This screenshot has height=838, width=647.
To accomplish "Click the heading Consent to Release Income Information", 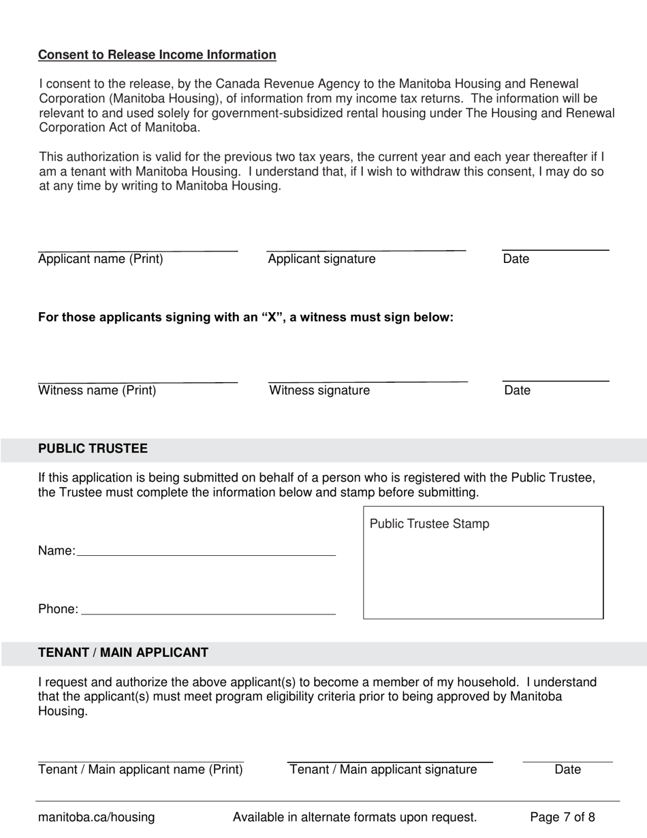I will [157, 55].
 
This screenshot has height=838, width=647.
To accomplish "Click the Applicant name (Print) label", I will [101, 259].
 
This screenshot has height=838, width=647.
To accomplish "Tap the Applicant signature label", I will [321, 259].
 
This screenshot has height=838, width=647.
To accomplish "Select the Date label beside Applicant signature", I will [516, 259].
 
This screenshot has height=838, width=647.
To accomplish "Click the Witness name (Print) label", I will [97, 390].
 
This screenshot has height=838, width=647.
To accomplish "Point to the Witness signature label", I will [319, 390].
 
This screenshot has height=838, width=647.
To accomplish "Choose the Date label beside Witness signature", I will [517, 390].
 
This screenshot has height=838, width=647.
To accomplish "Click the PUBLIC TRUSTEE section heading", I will [93, 448].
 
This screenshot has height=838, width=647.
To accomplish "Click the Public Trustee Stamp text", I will [429, 524].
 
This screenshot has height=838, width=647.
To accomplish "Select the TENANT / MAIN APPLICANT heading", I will [123, 653].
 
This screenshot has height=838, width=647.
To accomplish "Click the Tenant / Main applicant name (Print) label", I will [140, 770].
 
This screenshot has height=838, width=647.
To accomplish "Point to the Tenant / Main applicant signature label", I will [383, 770].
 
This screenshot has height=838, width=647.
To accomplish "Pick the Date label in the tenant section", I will [567, 770].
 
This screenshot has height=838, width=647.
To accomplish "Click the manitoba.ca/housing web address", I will [96, 818].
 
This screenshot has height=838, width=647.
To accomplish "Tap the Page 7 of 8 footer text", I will [562, 818].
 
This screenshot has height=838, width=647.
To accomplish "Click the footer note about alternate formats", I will [354, 818].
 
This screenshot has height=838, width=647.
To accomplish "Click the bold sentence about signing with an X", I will [246, 317].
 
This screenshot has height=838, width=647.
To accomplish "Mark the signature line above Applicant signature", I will [366, 250].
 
